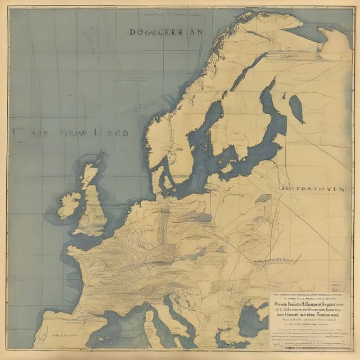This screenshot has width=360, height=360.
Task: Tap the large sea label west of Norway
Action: (70, 133)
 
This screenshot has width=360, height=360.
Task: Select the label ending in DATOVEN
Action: (312, 190)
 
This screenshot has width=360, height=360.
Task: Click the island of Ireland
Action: (69, 204)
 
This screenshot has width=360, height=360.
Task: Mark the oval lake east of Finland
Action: (296, 109)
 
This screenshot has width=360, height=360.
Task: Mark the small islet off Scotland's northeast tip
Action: (101, 153)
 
